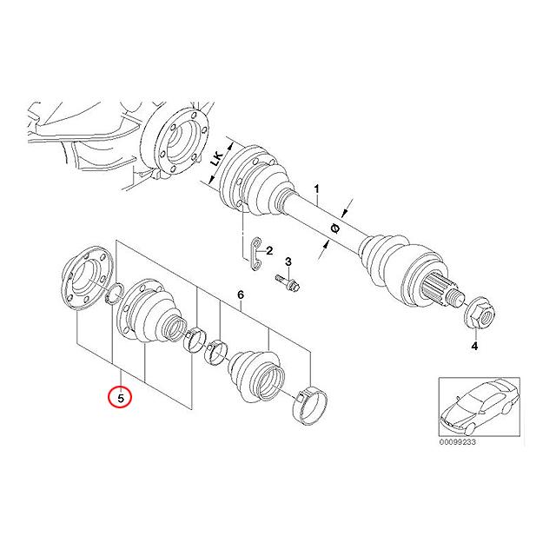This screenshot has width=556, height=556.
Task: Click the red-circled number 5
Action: click(121, 397)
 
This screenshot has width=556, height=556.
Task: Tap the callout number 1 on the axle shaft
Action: click(317, 189)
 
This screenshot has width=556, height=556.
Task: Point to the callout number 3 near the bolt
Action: click(288, 262)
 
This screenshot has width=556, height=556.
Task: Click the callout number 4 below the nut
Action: click(474, 347)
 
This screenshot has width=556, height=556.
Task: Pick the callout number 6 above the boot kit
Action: click(240, 296)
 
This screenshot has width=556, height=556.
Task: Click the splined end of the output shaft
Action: click(447, 290)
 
